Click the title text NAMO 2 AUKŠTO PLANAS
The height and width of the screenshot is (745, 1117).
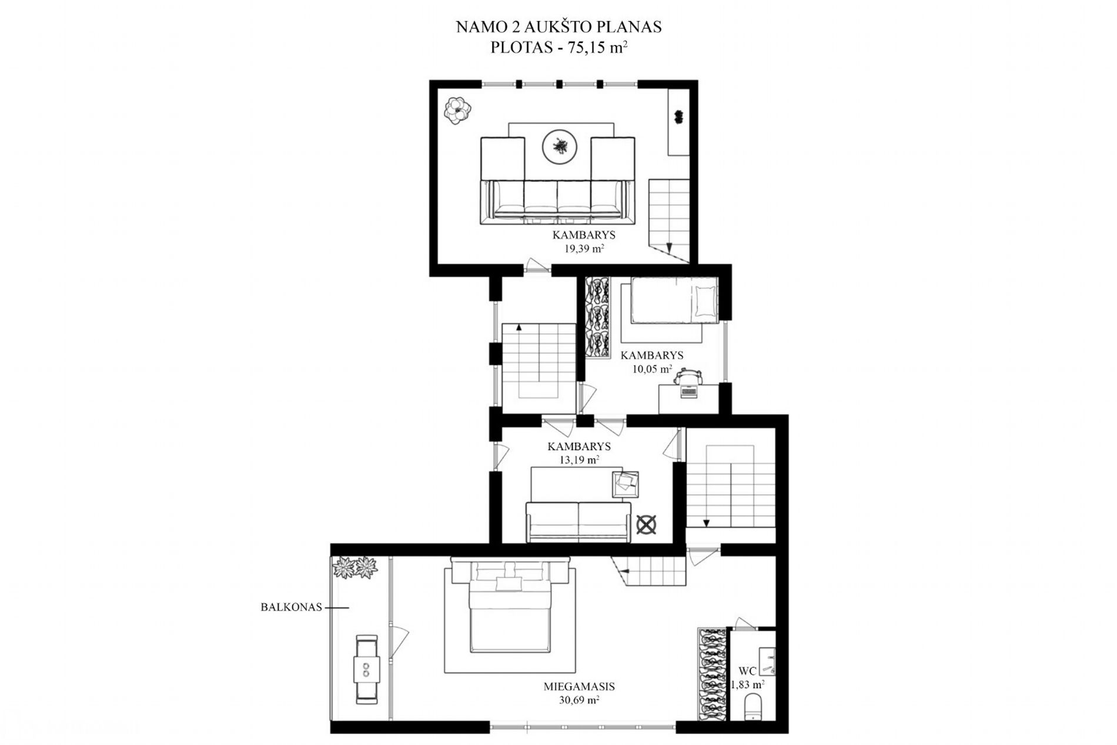click(558, 27)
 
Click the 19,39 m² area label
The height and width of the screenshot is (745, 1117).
click(584, 249)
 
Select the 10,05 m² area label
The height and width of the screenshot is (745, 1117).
click(652, 369)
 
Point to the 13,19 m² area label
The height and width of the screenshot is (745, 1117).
click(579, 460)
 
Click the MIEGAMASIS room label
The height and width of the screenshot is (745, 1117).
click(579, 686)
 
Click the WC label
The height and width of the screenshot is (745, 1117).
click(747, 671)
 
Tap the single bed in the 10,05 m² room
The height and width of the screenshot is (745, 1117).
click(674, 300)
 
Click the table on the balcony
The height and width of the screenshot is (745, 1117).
click(367, 669)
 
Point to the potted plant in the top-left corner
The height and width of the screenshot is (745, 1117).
click(457, 110)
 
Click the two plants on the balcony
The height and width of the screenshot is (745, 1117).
click(355, 568)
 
